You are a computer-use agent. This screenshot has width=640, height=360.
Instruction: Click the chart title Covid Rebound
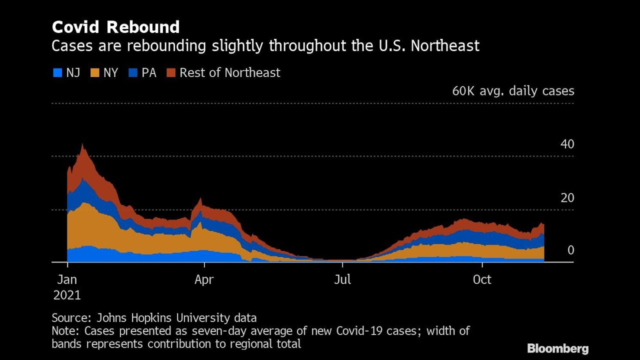(115, 26)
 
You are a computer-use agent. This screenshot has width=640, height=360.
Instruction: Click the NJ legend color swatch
(57, 73)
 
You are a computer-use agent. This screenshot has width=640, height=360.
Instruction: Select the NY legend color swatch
(94, 73)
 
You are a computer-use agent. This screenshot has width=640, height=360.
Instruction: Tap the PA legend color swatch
(132, 73)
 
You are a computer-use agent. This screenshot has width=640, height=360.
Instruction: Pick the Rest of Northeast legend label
(229, 73)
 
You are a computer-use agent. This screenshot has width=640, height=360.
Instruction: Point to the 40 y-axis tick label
(567, 144)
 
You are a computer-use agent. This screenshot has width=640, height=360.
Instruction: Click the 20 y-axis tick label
(567, 198)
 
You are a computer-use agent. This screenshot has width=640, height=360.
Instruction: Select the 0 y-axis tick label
(570, 250)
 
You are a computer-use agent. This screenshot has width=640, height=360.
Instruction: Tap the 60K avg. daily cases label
(513, 91)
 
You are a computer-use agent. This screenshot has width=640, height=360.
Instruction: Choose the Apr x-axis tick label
(204, 279)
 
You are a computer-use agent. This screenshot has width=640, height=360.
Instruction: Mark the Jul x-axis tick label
(342, 279)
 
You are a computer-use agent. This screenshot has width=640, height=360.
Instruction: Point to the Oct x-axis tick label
(482, 279)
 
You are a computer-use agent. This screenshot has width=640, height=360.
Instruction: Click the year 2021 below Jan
(67, 295)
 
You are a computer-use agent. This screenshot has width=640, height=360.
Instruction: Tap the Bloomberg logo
(557, 348)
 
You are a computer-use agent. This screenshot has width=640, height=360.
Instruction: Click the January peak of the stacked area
(82, 146)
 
